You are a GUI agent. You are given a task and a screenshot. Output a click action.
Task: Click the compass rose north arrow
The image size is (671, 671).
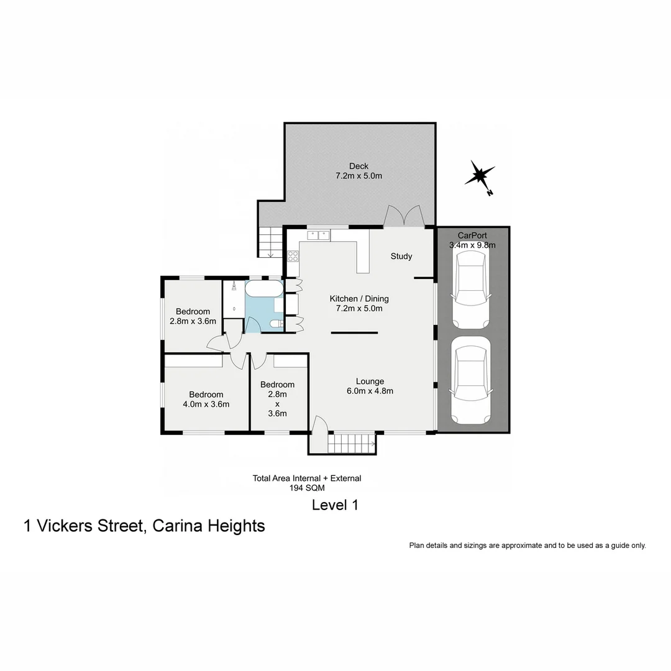point(480,176)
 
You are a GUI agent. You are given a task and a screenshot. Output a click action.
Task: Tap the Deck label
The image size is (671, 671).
point(358,166)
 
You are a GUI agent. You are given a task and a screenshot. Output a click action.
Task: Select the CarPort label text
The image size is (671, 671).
point(472,235)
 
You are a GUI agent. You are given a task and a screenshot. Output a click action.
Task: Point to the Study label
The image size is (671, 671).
point(401,256)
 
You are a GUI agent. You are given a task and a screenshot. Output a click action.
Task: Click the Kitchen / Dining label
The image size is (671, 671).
point(359,299)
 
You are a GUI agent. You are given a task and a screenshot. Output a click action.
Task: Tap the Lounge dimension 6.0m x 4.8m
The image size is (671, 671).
point(370,391)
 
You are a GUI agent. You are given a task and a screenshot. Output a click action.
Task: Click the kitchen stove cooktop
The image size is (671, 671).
point(293,255)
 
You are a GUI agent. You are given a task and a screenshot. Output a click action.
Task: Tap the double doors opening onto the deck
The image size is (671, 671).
point(404,217)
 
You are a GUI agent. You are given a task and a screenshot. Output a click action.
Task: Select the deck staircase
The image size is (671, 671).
point(270,242)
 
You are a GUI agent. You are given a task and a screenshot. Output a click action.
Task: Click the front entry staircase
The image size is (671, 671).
point(351,444)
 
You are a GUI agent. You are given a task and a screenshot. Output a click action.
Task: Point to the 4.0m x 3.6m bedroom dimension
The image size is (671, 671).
point(206,404)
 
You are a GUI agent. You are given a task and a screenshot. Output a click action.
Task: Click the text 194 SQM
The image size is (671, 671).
point(307,488)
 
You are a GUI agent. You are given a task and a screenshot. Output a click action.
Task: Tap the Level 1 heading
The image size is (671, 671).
point(335,505)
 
